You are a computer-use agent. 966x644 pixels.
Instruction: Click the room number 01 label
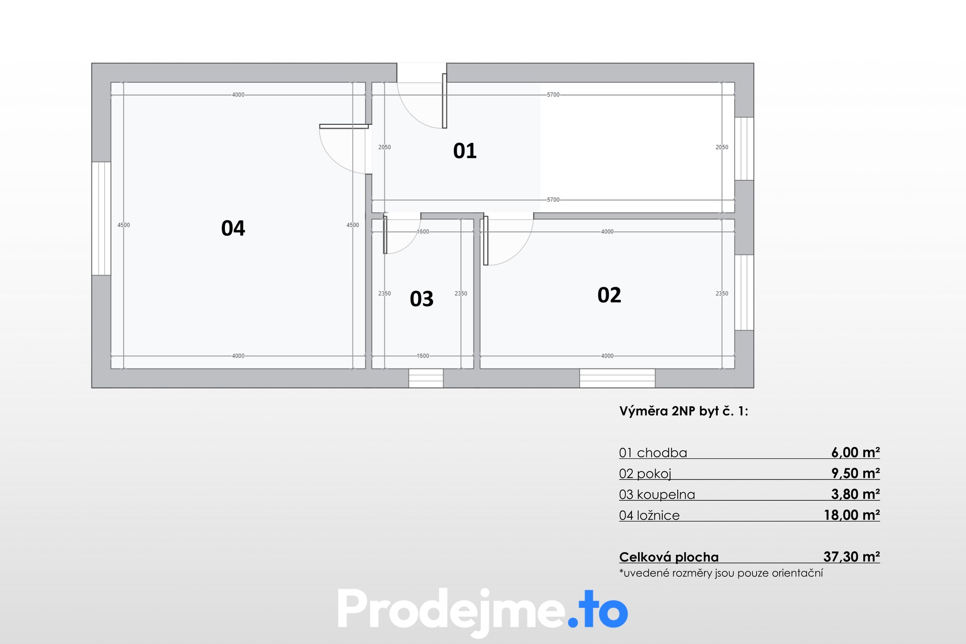pos(465,151)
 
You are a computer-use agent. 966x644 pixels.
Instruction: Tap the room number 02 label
pos(609,295)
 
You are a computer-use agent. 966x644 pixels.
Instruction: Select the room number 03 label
pos(422,299)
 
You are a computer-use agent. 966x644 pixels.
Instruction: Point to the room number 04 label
pos(233,228)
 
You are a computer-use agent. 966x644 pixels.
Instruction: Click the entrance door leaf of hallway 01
pos(444,101)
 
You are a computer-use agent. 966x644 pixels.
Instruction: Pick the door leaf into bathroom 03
pos(385,234)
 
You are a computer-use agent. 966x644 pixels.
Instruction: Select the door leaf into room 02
pos(486,240)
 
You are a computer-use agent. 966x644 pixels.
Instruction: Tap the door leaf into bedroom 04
pos(344,126)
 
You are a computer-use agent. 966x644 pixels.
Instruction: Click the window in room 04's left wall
pos(101,218)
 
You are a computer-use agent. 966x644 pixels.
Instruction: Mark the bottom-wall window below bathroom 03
pos(426,378)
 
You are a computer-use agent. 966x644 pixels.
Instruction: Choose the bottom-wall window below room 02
pos(617,378)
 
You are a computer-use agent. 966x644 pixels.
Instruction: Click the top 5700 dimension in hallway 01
pos(553,95)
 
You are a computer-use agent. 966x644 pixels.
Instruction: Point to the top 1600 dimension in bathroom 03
pos(423,232)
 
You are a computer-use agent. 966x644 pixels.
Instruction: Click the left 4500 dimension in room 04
pos(124,225)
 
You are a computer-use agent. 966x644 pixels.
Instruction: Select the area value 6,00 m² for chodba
pos(855,452)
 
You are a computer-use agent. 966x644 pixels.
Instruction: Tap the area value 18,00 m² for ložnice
pos(852,515)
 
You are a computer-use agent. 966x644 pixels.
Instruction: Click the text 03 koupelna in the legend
pos(657,495)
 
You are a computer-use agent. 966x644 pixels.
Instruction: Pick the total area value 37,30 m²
pos(852,556)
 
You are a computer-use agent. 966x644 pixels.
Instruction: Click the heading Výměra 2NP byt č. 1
pos(684,412)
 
